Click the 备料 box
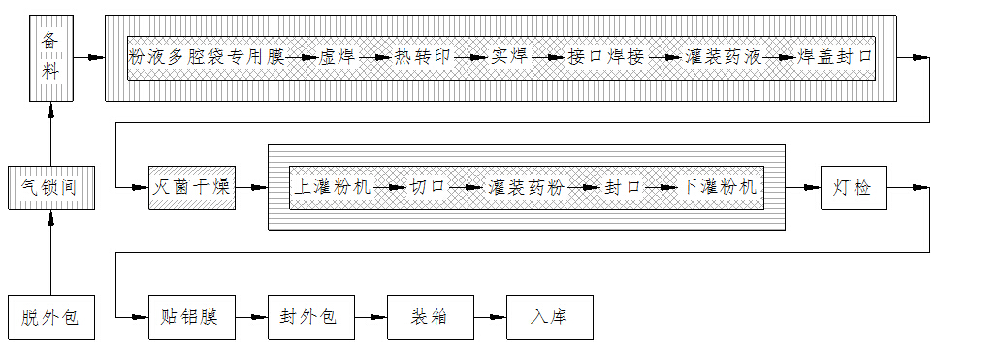50,58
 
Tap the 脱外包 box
50,316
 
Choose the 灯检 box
853,187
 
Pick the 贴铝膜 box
192,316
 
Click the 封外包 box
310,316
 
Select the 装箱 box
430,316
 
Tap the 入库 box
549,316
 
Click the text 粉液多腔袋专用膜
206,57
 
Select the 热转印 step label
423,57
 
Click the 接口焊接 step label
606,57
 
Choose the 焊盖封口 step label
834,57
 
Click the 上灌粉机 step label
333,186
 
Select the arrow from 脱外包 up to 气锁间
50,252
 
